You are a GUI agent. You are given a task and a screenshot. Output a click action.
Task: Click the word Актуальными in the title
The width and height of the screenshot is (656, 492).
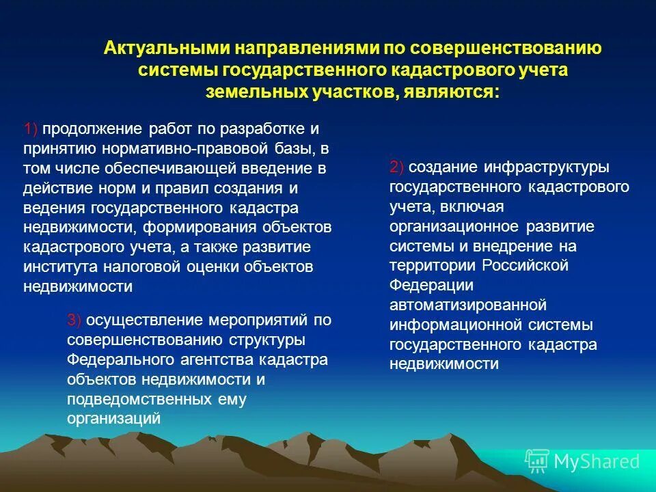(x=166, y=49)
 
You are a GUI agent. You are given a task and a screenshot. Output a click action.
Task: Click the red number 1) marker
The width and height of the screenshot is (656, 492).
(x=31, y=129)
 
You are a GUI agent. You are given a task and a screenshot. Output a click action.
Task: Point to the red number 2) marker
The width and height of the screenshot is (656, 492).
(x=398, y=167)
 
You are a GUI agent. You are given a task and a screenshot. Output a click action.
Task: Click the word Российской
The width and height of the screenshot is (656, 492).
(x=525, y=265)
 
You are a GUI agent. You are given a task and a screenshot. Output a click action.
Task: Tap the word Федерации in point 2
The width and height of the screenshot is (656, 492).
(x=422, y=285)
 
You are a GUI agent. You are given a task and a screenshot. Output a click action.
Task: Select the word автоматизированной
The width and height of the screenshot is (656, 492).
(x=468, y=305)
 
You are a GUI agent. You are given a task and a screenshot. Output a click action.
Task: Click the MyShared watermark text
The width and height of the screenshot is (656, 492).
(x=597, y=462)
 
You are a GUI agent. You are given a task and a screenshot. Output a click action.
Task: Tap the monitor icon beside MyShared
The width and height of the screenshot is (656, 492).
(x=536, y=462)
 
